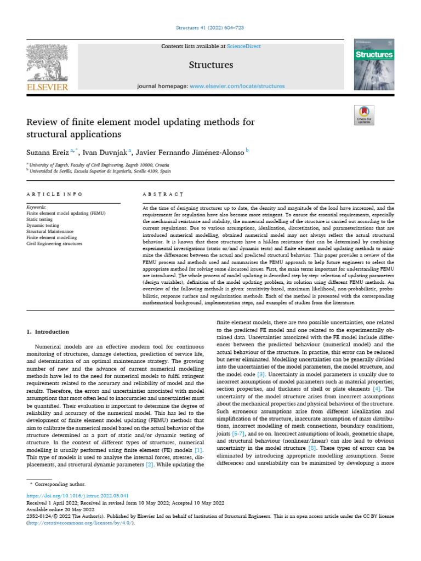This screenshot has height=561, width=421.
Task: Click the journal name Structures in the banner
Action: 211,65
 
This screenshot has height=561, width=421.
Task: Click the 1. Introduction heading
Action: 48,331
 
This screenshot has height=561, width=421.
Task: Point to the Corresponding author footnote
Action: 60,484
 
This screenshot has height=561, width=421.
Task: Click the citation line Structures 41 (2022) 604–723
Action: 210,27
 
